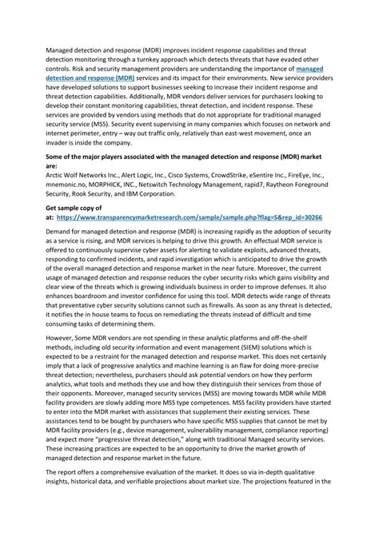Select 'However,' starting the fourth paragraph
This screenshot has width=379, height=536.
(x=62, y=363)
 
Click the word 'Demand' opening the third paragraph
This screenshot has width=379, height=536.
(x=62, y=229)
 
